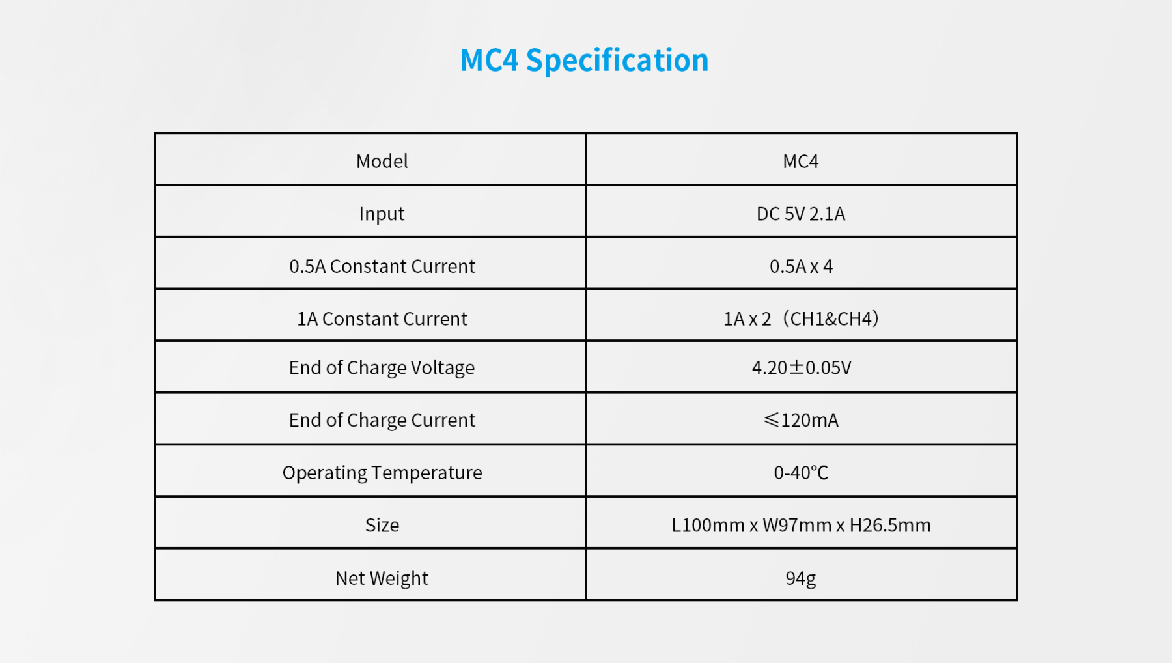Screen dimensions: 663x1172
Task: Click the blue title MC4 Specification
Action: [584, 61]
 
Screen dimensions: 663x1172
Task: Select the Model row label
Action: [382, 162]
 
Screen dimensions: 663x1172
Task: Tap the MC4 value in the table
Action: [800, 162]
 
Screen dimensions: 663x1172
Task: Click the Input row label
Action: [382, 214]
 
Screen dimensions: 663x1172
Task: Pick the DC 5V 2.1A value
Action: [800, 214]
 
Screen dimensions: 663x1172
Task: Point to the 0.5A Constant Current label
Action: [382, 266]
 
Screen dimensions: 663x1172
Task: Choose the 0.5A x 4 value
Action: [800, 266]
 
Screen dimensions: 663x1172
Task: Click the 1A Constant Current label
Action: [382, 319]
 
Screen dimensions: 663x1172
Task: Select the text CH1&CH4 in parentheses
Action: [831, 319]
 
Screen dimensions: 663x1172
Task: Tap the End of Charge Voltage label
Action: [382, 368]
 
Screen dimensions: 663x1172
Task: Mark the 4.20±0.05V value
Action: [801, 368]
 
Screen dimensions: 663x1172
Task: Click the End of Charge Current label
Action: [382, 421]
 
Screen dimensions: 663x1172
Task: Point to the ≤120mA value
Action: [801, 421]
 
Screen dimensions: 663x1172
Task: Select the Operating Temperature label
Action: [382, 473]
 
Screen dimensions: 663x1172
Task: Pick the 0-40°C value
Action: [800, 473]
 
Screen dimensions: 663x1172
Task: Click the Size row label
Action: [382, 526]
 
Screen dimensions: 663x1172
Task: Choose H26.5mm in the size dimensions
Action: [889, 526]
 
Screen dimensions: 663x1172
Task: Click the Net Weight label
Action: [382, 578]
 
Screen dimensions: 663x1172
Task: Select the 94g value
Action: [800, 578]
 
